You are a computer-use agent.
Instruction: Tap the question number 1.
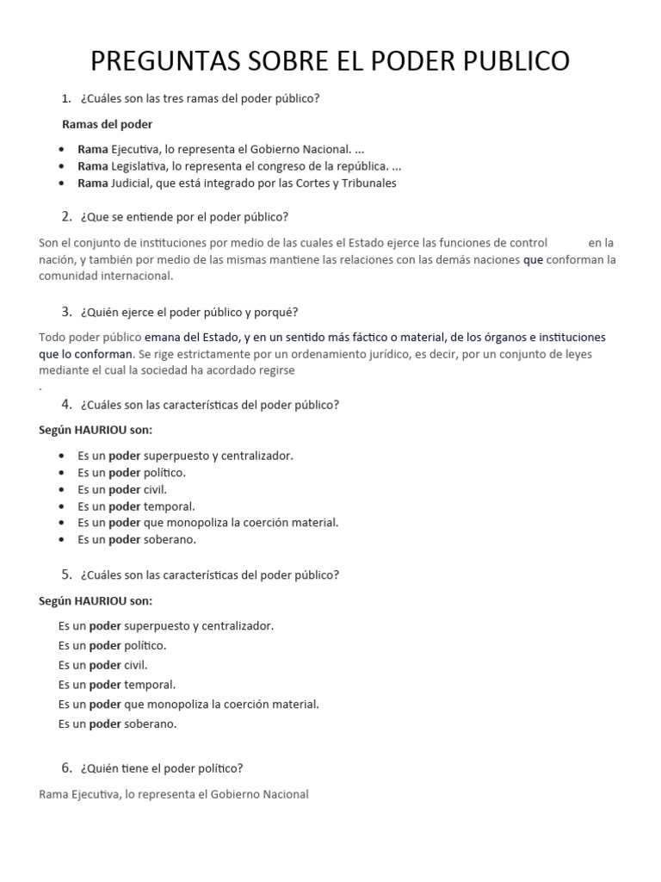[x=65, y=98]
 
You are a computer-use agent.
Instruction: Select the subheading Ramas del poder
[x=108, y=124]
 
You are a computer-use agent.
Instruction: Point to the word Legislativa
[x=140, y=166]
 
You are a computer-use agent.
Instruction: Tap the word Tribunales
[x=364, y=183]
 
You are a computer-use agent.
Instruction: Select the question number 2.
[x=66, y=216]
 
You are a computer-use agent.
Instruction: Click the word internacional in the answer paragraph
[x=139, y=276]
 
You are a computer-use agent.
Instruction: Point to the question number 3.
[x=66, y=311]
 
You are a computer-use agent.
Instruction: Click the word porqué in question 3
[x=279, y=312]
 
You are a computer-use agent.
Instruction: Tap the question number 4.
[x=66, y=404]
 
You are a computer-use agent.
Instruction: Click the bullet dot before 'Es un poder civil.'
[x=63, y=490]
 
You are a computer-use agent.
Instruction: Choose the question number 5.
[x=66, y=575]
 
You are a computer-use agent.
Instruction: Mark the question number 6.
[x=66, y=768]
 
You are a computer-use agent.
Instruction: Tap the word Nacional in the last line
[x=285, y=795]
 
